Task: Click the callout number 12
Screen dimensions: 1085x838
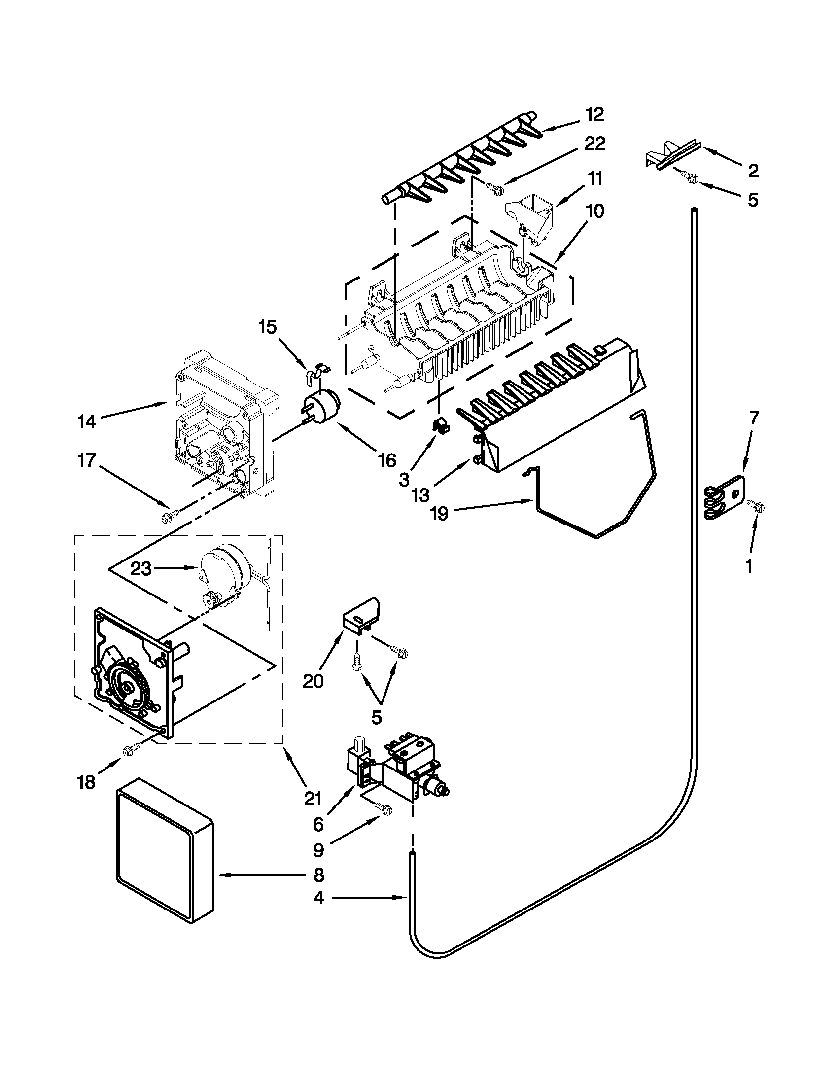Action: coord(594,114)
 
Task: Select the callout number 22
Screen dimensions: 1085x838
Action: coord(594,143)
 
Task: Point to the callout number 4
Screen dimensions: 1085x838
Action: coord(318,897)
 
